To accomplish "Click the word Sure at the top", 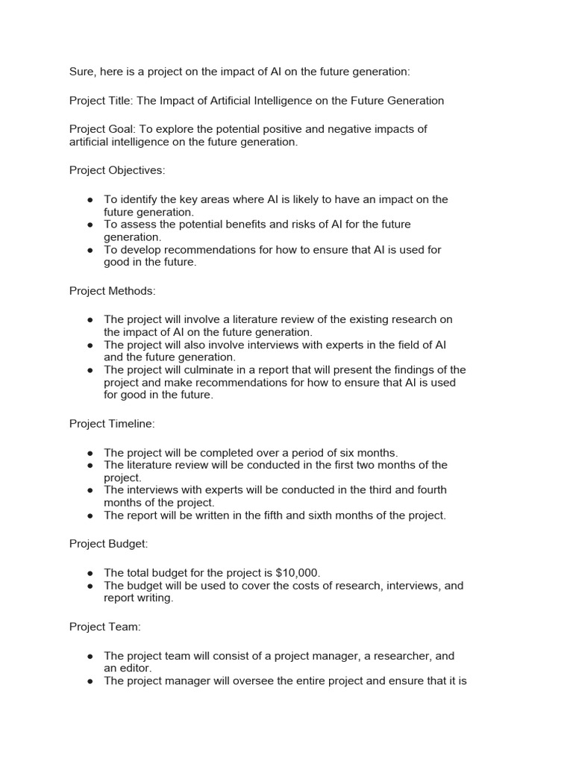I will click(82, 72).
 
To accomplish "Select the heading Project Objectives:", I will click(117, 170).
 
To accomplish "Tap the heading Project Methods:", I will click(113, 290).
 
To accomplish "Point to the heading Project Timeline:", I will click(112, 423).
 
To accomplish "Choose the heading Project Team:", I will click(105, 627).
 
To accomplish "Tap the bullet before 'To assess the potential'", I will click(90, 225).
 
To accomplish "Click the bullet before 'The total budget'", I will click(90, 573).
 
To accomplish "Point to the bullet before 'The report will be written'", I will click(90, 516).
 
